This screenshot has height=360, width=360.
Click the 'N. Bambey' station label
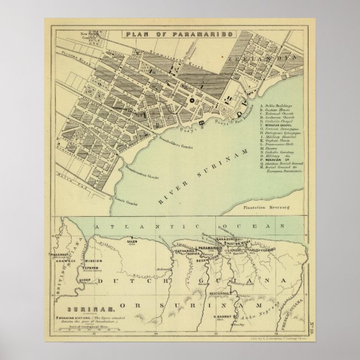(x=222, y=317)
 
